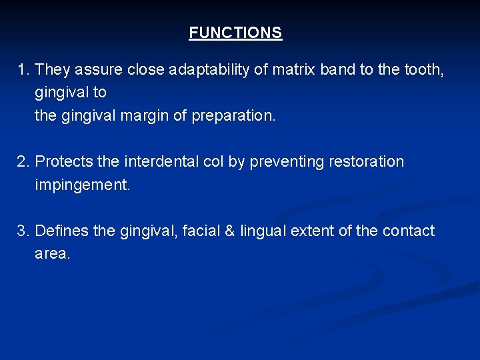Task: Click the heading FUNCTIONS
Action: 235,33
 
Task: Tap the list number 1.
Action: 23,69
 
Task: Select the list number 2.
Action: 23,161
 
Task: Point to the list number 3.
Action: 23,231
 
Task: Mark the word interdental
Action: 162,161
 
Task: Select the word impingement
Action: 83,185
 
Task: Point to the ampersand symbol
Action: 230,231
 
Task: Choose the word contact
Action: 408,231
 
